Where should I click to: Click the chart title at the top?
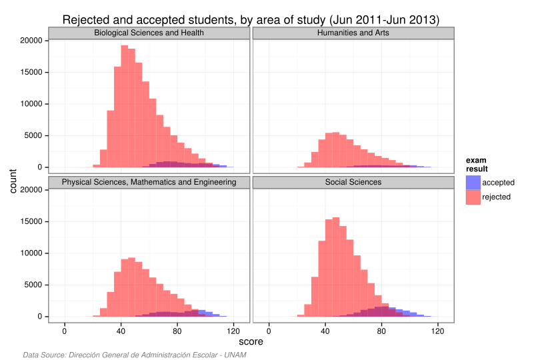click(x=251, y=20)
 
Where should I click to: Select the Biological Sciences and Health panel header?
click(x=149, y=33)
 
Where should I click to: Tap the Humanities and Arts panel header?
click(x=353, y=33)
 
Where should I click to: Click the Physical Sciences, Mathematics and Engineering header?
click(x=149, y=182)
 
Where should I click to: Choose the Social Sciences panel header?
click(x=353, y=182)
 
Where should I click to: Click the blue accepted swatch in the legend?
click(x=473, y=182)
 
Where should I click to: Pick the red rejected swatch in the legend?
click(x=473, y=197)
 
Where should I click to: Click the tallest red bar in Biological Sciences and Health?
click(x=124, y=107)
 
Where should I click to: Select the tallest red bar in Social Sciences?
click(x=335, y=267)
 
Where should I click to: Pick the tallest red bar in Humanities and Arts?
click(x=335, y=150)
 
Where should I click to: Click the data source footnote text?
click(x=134, y=355)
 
